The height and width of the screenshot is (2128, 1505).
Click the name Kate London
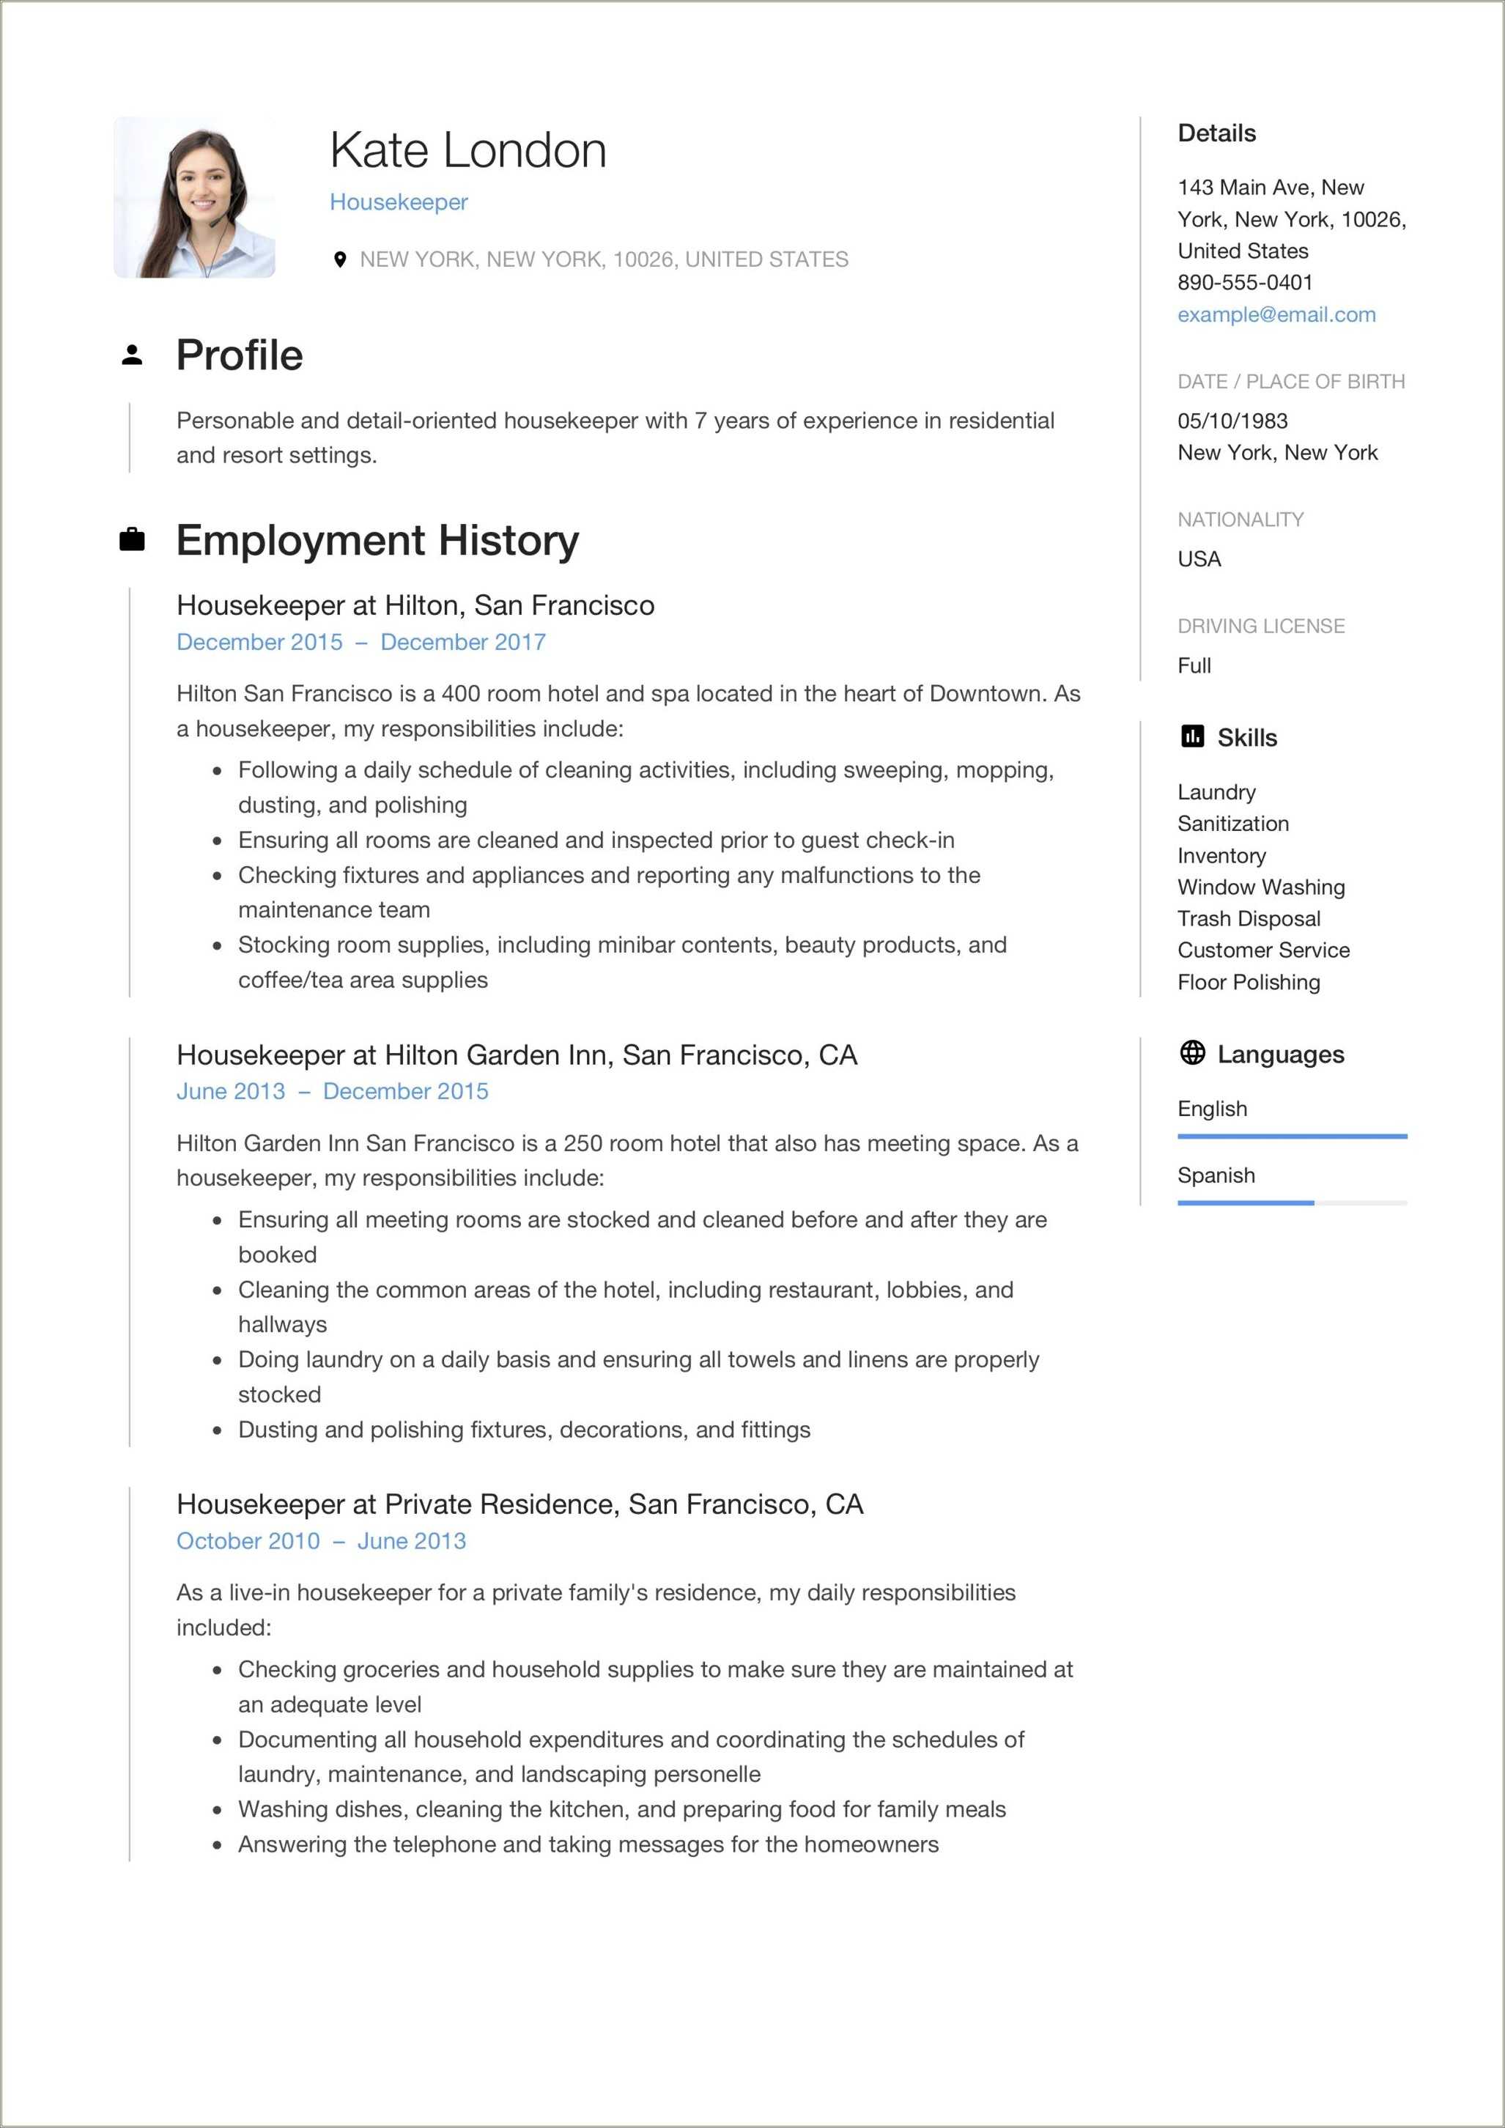pos(468,150)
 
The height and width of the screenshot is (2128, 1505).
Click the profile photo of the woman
pos(195,196)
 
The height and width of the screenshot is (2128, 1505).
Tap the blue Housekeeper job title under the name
pos(399,202)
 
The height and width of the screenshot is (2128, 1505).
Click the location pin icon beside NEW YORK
pos(340,259)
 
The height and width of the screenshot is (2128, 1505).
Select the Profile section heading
pos(239,355)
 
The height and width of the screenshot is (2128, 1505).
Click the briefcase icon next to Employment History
pos(133,539)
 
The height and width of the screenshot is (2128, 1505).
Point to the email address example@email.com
pos(1276,314)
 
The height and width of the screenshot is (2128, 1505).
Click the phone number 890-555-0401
pos(1245,283)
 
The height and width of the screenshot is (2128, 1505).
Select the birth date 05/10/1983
pos(1232,421)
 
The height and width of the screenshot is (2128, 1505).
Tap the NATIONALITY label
pos(1240,520)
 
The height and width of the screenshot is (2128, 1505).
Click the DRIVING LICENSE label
pos(1260,627)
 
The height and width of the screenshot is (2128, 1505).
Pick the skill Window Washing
pos(1260,887)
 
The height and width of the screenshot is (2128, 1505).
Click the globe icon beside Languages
pos(1193,1053)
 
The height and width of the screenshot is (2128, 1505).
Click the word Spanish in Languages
pos(1216,1175)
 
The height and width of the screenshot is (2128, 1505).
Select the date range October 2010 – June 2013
pos(321,1540)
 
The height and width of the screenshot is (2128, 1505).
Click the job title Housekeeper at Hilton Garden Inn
pos(516,1054)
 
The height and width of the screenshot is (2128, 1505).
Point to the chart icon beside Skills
pos(1193,737)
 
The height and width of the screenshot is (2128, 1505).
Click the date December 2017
pos(462,643)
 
